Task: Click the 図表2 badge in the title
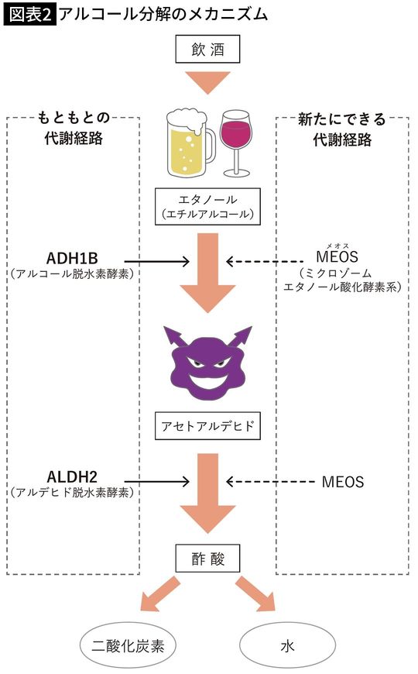pos(29,14)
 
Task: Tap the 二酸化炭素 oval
pos(129,645)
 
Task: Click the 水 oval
pos(287,645)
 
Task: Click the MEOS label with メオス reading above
pos(339,257)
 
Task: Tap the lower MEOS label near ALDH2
pos(342,482)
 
